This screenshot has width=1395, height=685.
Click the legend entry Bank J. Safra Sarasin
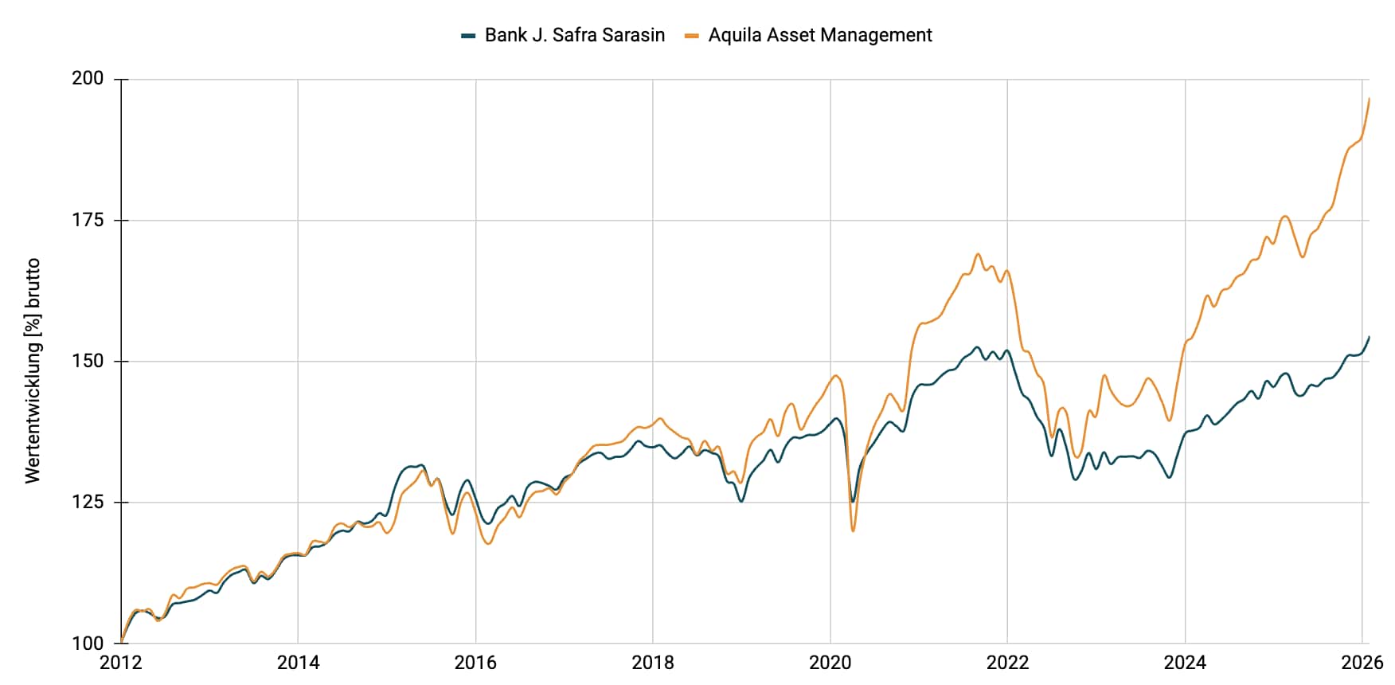pos(574,35)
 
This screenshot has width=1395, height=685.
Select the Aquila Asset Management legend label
pos(819,35)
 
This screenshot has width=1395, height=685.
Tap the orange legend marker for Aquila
pos(692,35)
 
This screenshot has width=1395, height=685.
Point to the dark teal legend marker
pos(468,35)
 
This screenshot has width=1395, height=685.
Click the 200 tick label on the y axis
pos(88,79)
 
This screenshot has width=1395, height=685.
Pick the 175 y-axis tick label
pos(88,220)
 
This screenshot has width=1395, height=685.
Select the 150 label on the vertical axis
pos(88,361)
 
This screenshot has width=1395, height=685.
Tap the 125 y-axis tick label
pos(88,502)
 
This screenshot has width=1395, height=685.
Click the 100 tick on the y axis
pos(88,643)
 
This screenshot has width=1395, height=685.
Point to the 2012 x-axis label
pos(120,663)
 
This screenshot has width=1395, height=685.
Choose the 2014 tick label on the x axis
pos(298,663)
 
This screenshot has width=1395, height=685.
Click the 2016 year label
pos(475,663)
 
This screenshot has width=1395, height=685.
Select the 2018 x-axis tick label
pos(653,663)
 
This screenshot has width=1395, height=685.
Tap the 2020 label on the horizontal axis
pos(830,663)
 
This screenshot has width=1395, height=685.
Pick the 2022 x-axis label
pos(1008,663)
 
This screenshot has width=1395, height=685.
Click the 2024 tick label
pos(1185,663)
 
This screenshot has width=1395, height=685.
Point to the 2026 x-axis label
pos(1362,663)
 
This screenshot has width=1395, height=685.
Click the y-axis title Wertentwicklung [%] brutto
pos(33,370)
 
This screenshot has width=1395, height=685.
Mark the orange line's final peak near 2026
pos(1369,99)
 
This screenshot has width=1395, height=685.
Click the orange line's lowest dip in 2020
pos(853,530)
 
